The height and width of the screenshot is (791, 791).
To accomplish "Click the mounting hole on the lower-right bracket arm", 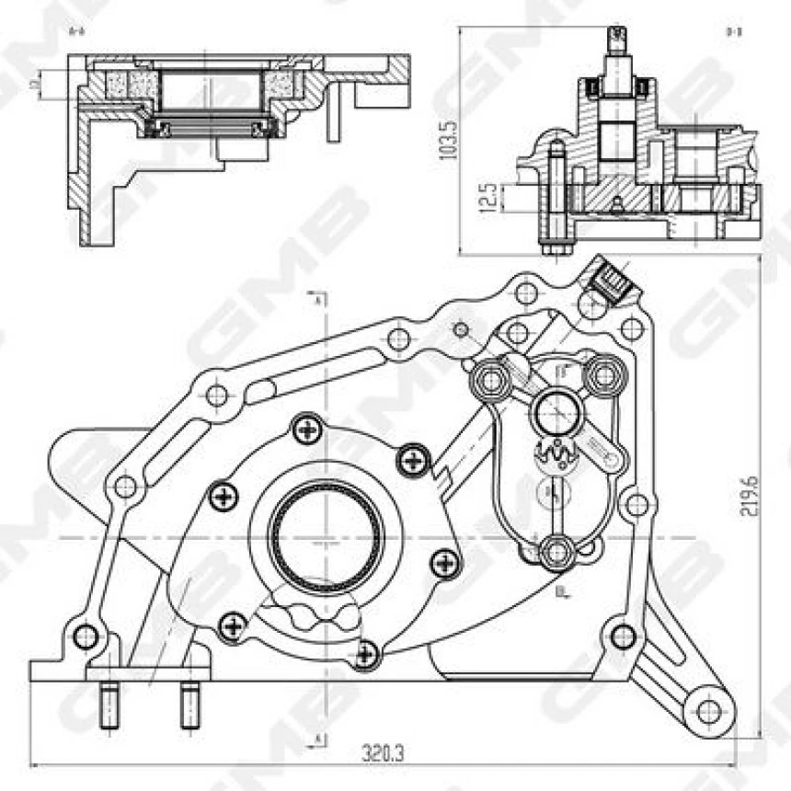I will point(707,710).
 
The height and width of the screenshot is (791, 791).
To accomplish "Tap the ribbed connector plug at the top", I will point(608,280).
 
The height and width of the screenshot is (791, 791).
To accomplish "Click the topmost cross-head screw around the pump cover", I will point(306,428).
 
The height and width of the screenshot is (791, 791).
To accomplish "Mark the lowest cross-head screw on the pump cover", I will point(367,654).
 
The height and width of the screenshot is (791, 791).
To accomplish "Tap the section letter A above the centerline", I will point(318,300).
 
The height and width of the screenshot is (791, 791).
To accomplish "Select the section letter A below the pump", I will point(318,739).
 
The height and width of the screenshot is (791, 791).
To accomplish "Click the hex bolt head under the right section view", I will point(556,246).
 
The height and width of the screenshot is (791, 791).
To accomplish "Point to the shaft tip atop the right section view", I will point(615,38).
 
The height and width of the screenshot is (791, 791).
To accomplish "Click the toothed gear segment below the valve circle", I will point(556,453).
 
